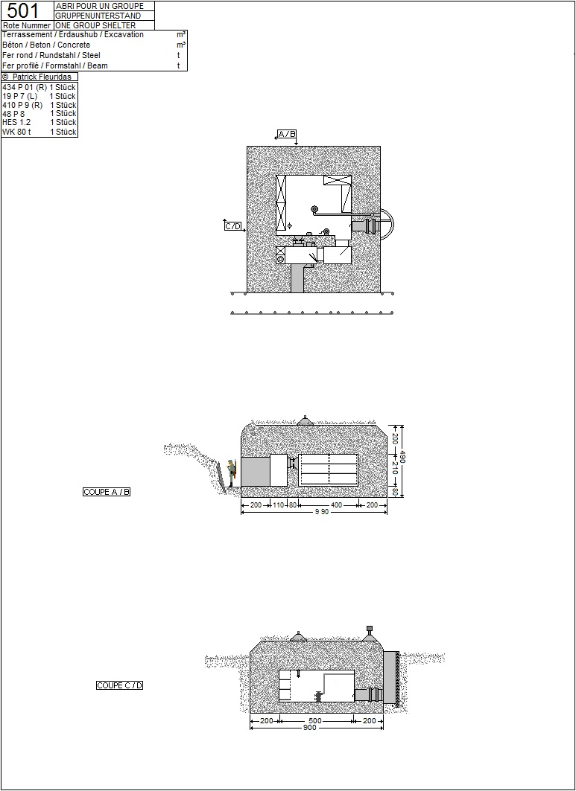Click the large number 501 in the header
[x=23, y=10]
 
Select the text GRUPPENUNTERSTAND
[x=98, y=16]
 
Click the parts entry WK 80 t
[x=16, y=132]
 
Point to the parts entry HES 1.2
[x=16, y=122]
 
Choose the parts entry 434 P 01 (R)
[x=25, y=87]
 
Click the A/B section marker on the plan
[x=286, y=134]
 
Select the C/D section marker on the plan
[x=233, y=226]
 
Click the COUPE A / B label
[x=107, y=492]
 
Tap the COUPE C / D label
[x=120, y=685]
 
